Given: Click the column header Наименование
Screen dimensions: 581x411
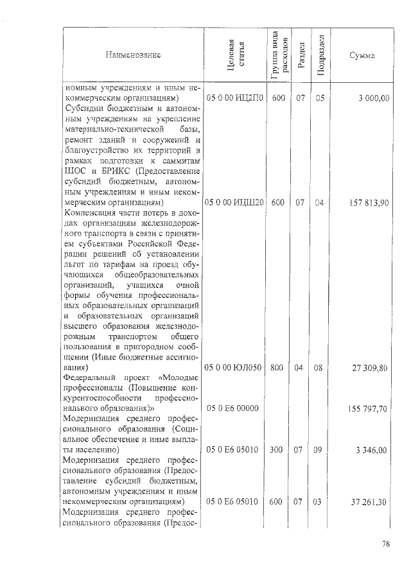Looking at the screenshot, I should point(134,55).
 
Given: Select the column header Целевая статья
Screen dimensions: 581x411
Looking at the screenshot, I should point(234,55).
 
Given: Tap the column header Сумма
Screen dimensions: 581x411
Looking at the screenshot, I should point(362,55).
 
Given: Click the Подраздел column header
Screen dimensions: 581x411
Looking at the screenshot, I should point(320,55).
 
